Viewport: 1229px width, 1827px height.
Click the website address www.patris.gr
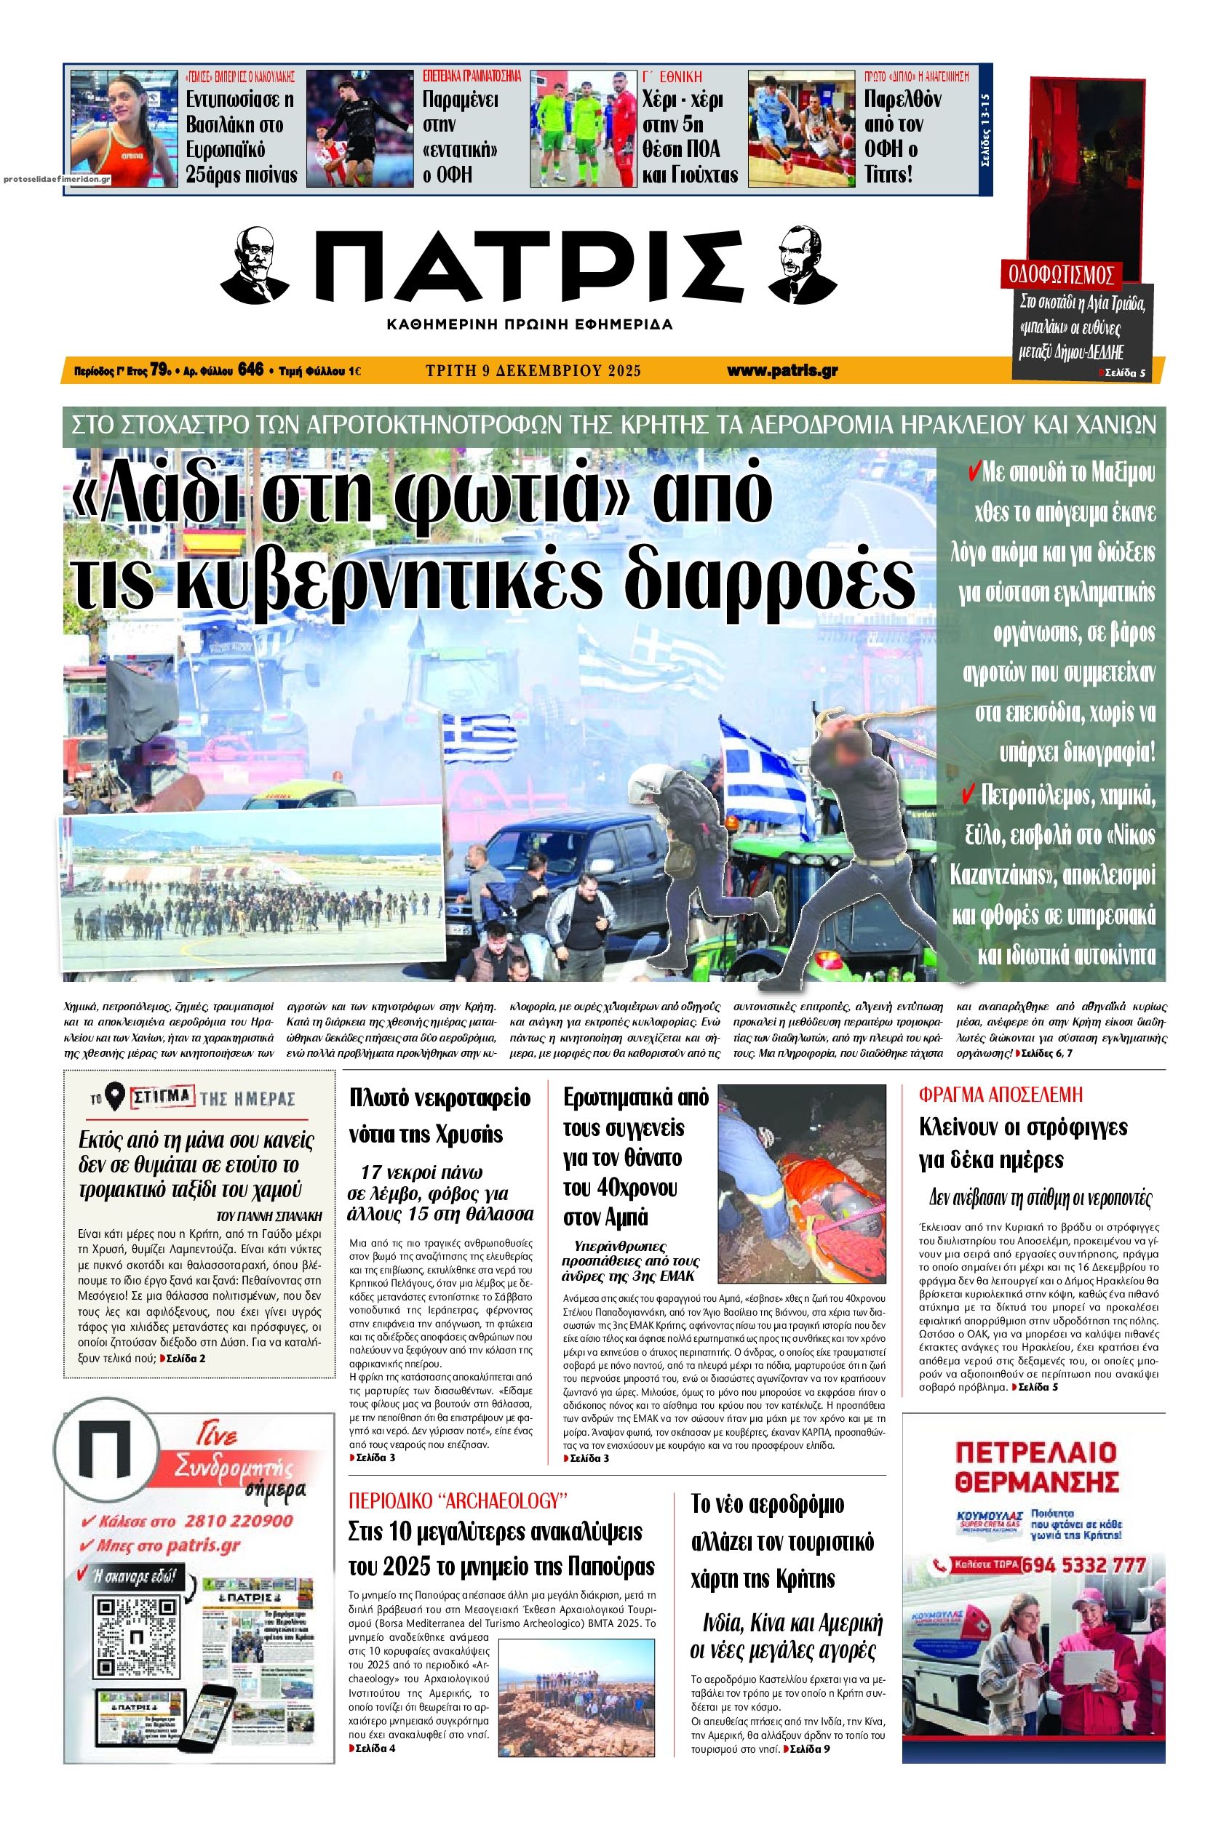(x=781, y=371)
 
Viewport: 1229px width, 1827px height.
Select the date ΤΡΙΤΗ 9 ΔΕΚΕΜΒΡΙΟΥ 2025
(x=533, y=371)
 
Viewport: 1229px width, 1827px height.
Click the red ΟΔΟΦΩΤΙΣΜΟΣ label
(x=1061, y=275)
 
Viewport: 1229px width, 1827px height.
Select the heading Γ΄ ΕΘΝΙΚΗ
(x=672, y=77)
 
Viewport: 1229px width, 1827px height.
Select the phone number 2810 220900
(x=238, y=1521)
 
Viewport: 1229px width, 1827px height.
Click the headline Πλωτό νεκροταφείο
(x=440, y=1098)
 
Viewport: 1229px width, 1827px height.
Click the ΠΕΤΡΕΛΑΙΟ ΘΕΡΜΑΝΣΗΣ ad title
(x=1036, y=1465)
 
